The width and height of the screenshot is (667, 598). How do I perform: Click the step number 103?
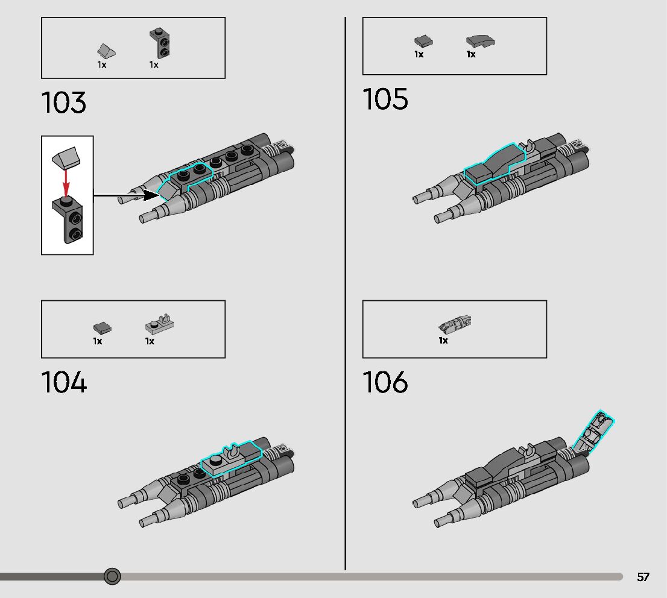[x=64, y=102]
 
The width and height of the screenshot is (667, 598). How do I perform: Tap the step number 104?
[x=64, y=383]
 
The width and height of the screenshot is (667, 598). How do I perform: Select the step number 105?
[x=385, y=99]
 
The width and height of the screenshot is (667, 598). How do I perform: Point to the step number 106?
[x=385, y=383]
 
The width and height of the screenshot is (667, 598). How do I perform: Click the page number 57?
[x=643, y=577]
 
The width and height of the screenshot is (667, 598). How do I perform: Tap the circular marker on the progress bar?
[x=112, y=576]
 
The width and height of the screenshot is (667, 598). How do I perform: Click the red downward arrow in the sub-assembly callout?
[x=67, y=181]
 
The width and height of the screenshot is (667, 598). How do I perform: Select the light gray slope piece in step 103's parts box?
[x=106, y=51]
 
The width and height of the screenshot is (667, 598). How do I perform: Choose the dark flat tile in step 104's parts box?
[x=102, y=328]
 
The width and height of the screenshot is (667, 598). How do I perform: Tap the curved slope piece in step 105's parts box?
[x=481, y=41]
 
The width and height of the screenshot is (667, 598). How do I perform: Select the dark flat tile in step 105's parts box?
[x=423, y=41]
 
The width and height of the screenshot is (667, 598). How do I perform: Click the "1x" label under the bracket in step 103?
[x=154, y=65]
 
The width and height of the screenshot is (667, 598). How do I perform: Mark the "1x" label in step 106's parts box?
[x=443, y=341]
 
